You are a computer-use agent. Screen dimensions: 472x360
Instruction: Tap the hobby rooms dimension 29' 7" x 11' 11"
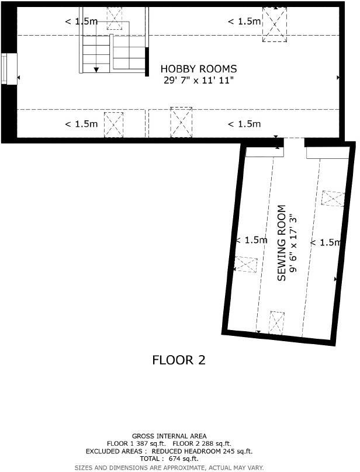pyautogui.click(x=199, y=80)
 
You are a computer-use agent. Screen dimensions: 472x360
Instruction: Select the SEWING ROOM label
pyautogui.click(x=282, y=242)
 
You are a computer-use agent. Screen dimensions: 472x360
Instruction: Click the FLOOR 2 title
pyautogui.click(x=179, y=360)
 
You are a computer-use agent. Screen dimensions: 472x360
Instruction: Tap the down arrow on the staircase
pyautogui.click(x=96, y=68)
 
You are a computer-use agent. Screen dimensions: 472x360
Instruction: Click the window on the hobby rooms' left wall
pyautogui.click(x=7, y=69)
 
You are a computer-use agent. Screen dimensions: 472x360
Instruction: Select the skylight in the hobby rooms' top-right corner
pyautogui.click(x=274, y=25)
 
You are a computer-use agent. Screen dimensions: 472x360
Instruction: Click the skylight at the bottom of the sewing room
pyautogui.click(x=276, y=323)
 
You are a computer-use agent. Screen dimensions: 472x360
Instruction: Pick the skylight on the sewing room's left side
pyautogui.click(x=245, y=265)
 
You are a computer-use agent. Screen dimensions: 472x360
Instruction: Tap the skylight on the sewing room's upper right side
pyautogui.click(x=333, y=198)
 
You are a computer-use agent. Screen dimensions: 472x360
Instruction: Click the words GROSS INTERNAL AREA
pyautogui.click(x=169, y=436)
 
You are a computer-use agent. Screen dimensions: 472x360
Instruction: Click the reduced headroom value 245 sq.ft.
pyautogui.click(x=231, y=452)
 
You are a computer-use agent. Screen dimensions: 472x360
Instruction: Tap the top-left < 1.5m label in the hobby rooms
pyautogui.click(x=81, y=22)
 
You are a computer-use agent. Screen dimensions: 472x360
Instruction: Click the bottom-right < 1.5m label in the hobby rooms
pyautogui.click(x=244, y=124)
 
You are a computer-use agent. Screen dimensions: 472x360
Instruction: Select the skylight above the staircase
pyautogui.click(x=115, y=14)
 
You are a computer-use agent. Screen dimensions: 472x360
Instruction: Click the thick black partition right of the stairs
pyautogui.click(x=147, y=61)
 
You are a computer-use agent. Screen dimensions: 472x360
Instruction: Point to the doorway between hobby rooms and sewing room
pyautogui.click(x=295, y=142)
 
